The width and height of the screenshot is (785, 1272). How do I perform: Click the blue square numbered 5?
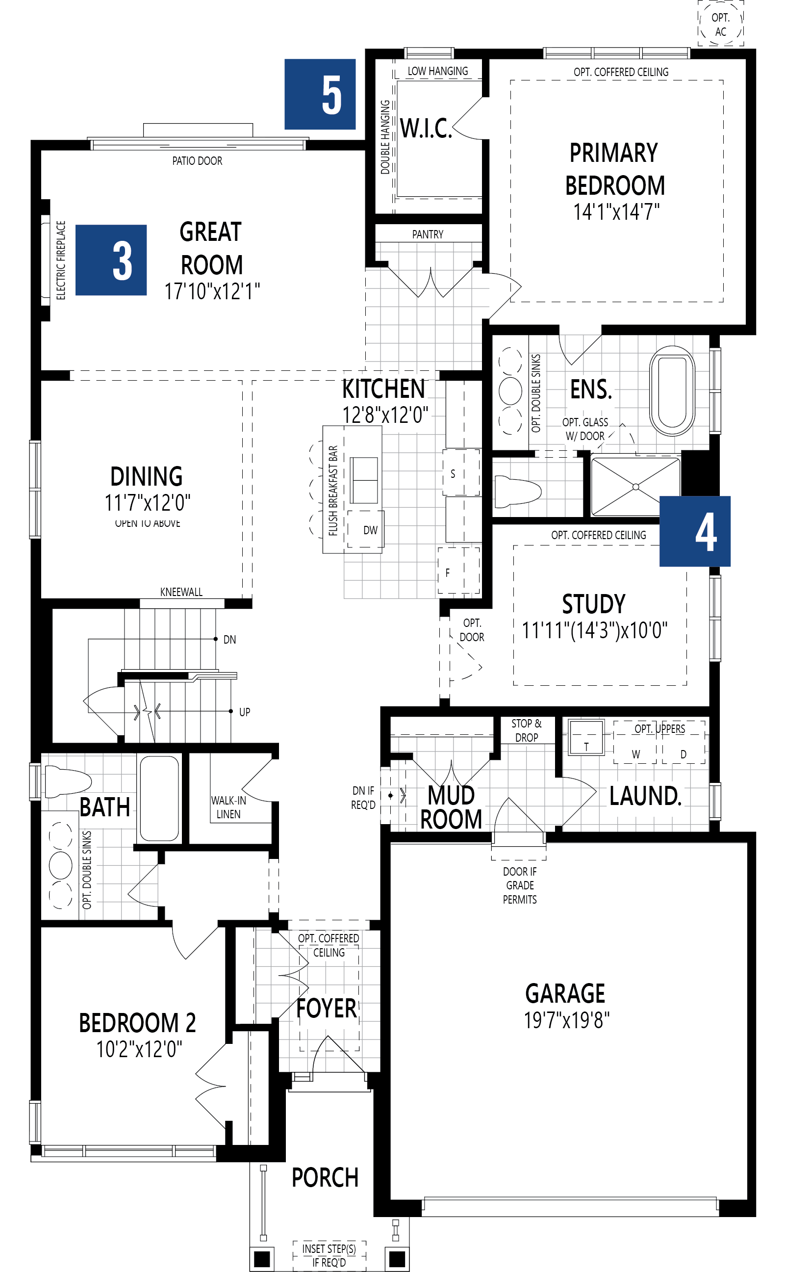click(x=320, y=94)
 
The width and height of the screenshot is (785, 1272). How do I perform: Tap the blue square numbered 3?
click(x=111, y=260)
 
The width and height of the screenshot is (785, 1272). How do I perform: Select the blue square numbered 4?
click(x=695, y=531)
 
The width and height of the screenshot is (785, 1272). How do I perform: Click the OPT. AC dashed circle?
click(x=720, y=25)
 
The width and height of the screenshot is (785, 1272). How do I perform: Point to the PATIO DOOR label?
click(x=197, y=161)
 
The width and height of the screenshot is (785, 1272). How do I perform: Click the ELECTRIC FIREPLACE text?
click(x=61, y=260)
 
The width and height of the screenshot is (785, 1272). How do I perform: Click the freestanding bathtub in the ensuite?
click(x=672, y=390)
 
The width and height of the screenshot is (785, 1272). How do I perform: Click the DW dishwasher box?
click(x=369, y=530)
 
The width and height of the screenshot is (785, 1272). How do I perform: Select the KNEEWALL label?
click(x=181, y=592)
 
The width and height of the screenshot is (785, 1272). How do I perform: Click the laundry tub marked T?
click(x=585, y=736)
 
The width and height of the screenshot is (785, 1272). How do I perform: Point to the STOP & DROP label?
click(x=526, y=730)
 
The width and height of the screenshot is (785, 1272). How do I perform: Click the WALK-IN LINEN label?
click(x=228, y=807)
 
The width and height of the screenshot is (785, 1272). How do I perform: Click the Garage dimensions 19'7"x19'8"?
click(x=566, y=1020)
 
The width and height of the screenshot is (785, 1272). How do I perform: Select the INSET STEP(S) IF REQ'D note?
click(x=329, y=1255)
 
